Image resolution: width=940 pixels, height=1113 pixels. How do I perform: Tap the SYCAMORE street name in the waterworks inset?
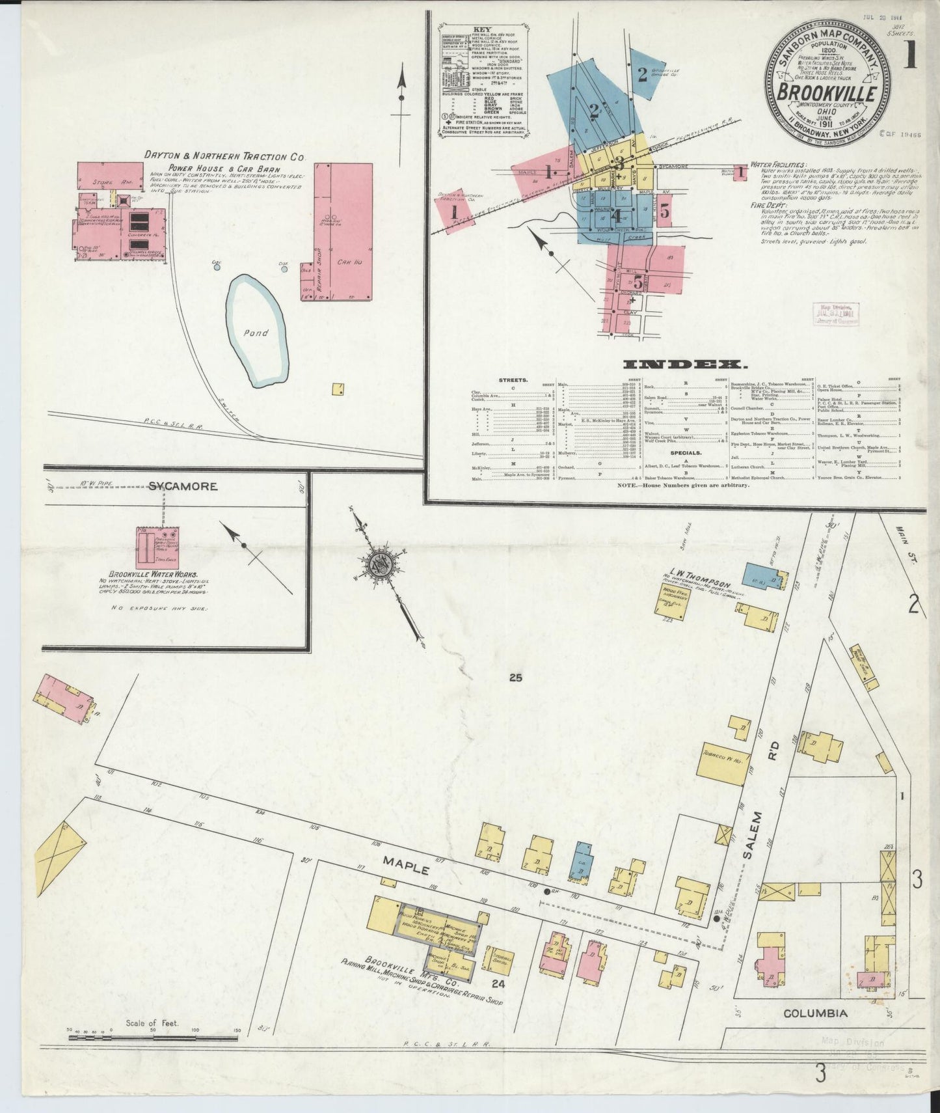coord(174,486)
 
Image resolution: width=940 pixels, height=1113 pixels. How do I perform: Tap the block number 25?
coord(516,678)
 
